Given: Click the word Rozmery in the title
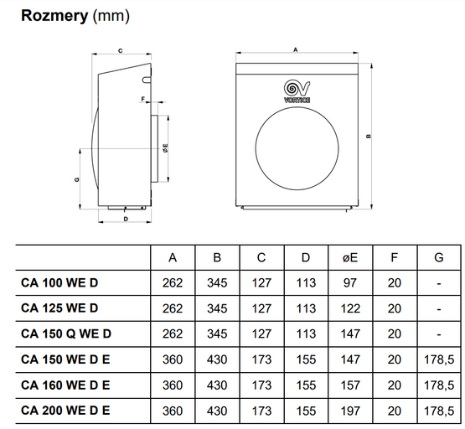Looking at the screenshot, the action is point(54,16).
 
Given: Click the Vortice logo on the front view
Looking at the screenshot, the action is point(297,91).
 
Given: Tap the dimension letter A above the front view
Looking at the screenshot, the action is point(296,50).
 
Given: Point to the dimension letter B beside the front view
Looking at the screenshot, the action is point(369,136).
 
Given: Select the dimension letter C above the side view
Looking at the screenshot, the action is point(121,51).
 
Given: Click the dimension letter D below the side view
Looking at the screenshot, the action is point(126,219).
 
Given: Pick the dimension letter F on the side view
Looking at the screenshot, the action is point(143,99).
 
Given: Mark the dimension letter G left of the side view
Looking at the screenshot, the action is point(77,179).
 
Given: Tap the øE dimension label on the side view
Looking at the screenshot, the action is point(166,148).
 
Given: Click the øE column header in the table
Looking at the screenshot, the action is point(350,257).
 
